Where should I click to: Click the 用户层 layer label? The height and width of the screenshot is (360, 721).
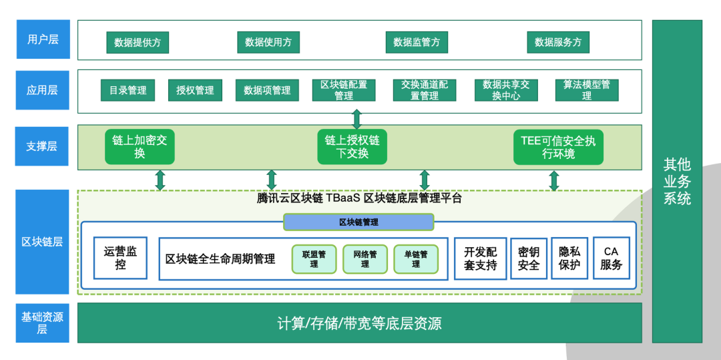click(x=42, y=39)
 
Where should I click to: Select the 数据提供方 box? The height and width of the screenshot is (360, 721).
click(x=138, y=42)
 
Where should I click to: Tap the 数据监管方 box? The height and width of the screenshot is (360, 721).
click(x=417, y=42)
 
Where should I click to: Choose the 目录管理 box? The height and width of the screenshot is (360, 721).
click(x=128, y=90)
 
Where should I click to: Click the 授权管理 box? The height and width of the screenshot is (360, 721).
click(x=195, y=90)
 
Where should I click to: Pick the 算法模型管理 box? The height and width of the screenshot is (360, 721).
click(x=586, y=90)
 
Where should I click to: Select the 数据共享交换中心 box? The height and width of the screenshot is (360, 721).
click(x=505, y=90)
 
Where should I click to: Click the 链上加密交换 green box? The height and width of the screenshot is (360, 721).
click(x=140, y=147)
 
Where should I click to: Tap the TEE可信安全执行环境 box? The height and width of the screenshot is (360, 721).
click(x=558, y=147)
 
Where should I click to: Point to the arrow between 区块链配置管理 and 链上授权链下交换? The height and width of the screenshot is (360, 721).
click(x=356, y=119)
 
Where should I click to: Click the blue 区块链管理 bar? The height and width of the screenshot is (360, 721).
click(x=358, y=222)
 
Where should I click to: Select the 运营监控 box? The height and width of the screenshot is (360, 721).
click(x=120, y=258)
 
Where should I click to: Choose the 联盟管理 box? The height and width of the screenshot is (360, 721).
click(x=314, y=259)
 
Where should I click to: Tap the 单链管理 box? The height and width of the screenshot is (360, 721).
click(x=415, y=259)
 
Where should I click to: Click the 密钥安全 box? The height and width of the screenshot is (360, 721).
click(x=528, y=258)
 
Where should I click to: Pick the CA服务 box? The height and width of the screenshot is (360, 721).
click(x=611, y=258)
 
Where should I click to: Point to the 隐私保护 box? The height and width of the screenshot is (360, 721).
click(x=569, y=258)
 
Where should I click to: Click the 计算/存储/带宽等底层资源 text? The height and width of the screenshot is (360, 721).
click(x=359, y=324)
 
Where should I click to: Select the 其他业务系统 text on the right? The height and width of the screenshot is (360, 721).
click(x=677, y=181)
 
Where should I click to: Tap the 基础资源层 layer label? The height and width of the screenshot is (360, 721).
click(x=42, y=323)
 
